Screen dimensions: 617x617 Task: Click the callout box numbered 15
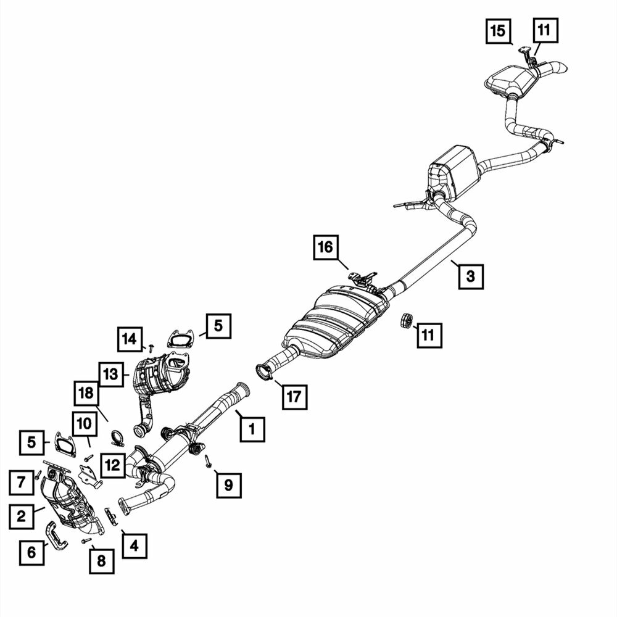(498, 30)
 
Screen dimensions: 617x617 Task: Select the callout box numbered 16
(326, 247)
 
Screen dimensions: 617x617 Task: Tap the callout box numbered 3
(471, 276)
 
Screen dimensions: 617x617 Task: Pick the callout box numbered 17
(294, 397)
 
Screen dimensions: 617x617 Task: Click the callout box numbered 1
(252, 429)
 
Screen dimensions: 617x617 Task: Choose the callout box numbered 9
(229, 485)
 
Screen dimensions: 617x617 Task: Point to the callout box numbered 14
(130, 339)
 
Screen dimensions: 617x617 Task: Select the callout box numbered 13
(111, 375)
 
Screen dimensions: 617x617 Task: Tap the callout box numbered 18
(86, 392)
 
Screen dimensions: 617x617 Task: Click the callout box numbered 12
(112, 465)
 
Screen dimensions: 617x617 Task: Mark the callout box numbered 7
(21, 482)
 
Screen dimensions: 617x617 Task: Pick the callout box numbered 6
(31, 552)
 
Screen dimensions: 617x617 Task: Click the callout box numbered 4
(135, 546)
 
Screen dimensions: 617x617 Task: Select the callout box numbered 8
(102, 561)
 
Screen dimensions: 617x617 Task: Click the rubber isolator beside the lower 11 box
(406, 320)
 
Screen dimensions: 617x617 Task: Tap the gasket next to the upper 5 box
(181, 339)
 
